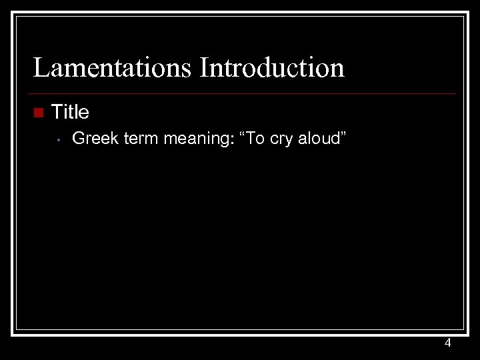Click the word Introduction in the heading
click(x=272, y=68)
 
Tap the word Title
click(x=70, y=112)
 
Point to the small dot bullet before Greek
click(x=59, y=140)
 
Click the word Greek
click(x=95, y=139)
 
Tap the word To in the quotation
click(x=256, y=139)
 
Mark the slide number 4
click(x=447, y=343)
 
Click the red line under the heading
click(x=244, y=93)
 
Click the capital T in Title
click(x=57, y=112)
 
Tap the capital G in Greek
click(x=78, y=139)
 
